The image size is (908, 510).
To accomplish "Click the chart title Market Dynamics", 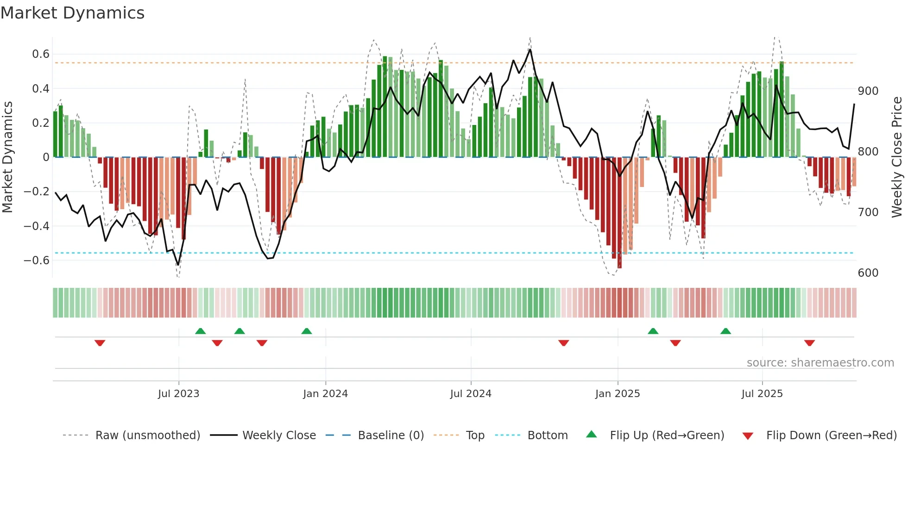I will [73, 13].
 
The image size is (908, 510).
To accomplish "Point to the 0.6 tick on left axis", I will [41, 54].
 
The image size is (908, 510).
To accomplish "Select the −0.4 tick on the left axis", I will [37, 226].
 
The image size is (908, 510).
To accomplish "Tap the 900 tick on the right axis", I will [868, 91].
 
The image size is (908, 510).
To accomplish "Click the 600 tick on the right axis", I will [868, 273].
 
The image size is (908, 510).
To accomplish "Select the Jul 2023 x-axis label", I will [178, 394].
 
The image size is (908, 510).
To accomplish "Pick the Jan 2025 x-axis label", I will [617, 394].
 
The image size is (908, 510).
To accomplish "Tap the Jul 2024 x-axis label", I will [470, 394].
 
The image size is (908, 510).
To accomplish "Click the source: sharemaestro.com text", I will [820, 363].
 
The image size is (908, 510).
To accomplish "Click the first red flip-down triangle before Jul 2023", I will [100, 343].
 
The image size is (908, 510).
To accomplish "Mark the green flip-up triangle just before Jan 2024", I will [306, 331].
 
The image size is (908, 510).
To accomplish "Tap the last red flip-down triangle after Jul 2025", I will [809, 343].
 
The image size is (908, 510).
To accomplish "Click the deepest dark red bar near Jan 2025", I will [619, 213].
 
